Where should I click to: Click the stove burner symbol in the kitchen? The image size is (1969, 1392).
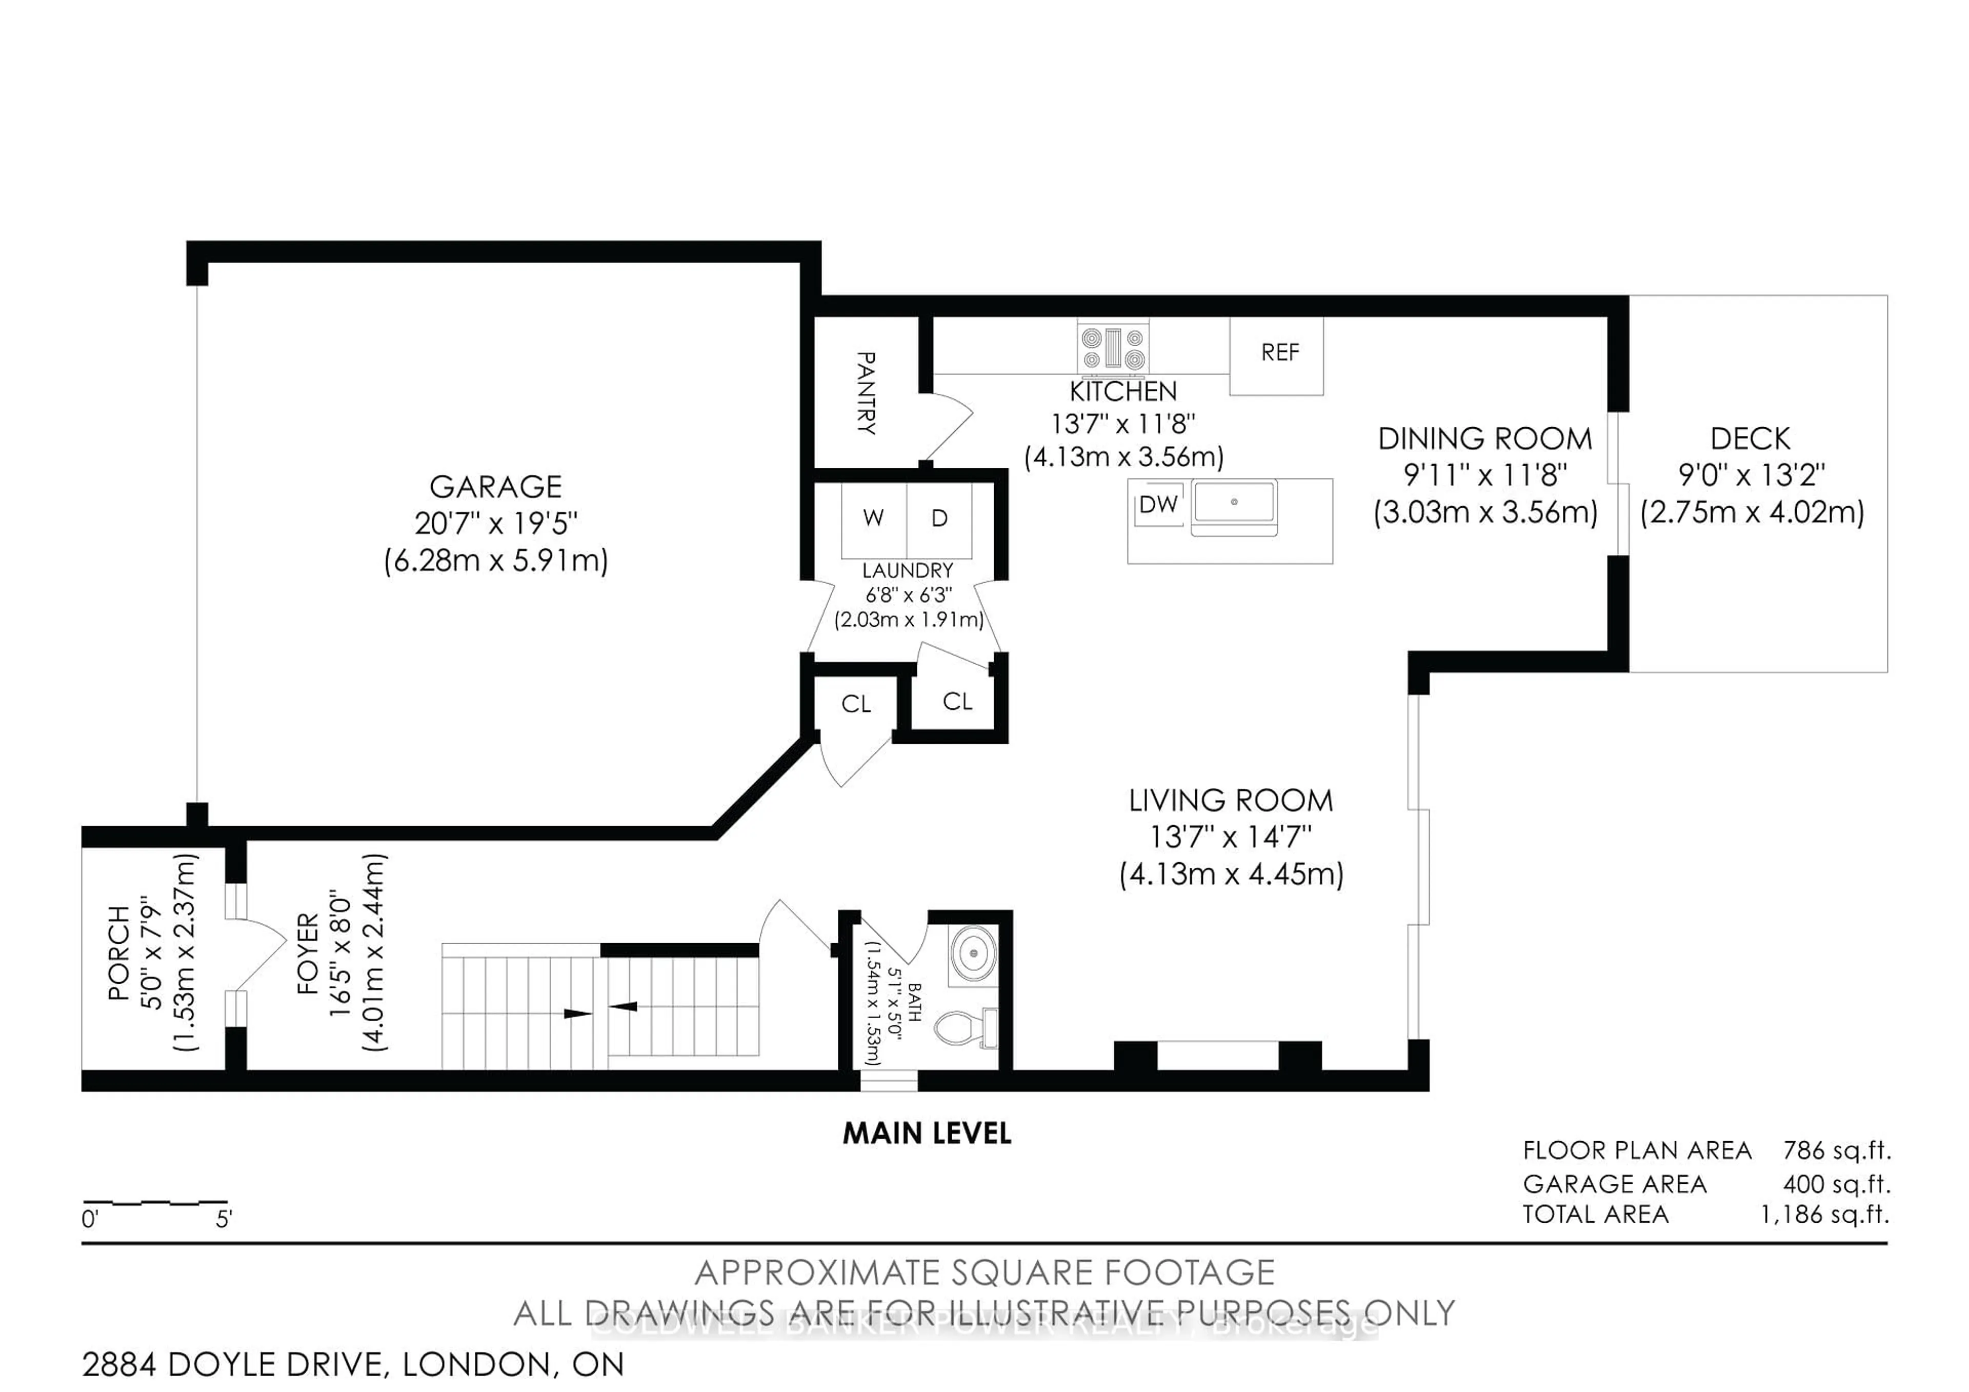point(1113,349)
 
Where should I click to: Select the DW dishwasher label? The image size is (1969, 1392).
point(1158,504)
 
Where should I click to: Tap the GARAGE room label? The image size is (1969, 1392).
point(496,486)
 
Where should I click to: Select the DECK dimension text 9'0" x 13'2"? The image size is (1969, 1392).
point(1751,474)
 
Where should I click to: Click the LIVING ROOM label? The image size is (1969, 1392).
point(1231,800)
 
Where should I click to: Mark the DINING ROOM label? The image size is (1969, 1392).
point(1484,439)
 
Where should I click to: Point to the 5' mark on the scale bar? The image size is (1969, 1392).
point(224,1218)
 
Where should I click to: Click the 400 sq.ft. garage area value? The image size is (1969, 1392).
point(1836,1184)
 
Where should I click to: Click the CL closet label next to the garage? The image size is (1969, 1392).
point(856,704)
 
